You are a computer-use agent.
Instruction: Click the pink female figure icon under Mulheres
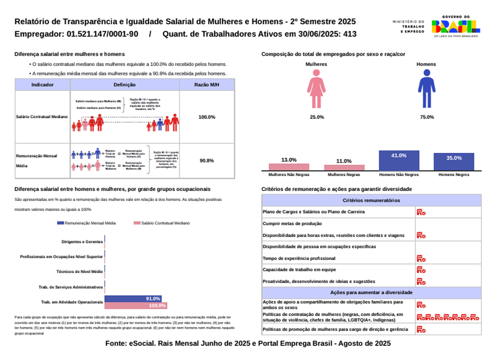[x=316, y=89]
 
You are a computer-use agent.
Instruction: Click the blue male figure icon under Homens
[x=426, y=89]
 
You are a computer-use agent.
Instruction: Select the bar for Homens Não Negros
[x=399, y=160]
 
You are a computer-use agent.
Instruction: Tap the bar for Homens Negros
[x=454, y=162]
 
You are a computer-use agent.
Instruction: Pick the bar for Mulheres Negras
[x=344, y=168]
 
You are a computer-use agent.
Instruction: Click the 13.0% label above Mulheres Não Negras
[x=289, y=160]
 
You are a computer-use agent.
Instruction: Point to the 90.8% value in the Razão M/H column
[x=207, y=161]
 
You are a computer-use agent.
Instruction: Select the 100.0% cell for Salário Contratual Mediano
[x=207, y=117]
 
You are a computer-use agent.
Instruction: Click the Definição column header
[x=124, y=85]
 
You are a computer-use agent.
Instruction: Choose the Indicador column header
[x=43, y=85]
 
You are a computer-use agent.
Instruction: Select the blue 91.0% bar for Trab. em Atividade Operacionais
[x=133, y=299]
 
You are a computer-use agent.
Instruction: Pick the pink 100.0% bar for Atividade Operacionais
[x=136, y=306]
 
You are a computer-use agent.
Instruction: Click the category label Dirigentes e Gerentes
[x=82, y=242]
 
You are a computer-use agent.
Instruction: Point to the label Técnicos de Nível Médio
[x=80, y=271]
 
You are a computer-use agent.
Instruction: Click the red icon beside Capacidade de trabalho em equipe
[x=421, y=270]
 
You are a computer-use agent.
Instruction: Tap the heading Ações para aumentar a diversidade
[x=371, y=293]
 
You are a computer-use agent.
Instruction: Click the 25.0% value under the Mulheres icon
[x=316, y=117]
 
